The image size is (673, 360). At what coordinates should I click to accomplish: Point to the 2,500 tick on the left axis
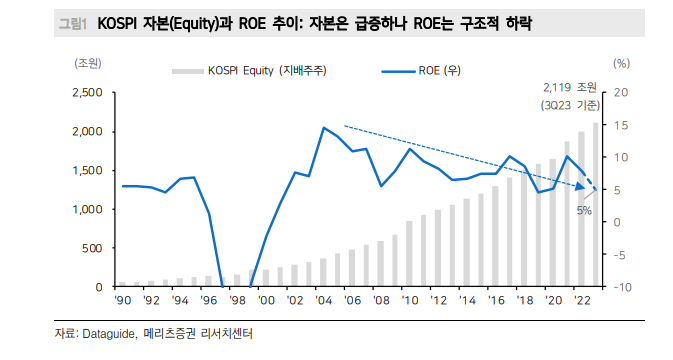pos(88,93)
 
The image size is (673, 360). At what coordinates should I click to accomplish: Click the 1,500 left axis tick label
pos(88,170)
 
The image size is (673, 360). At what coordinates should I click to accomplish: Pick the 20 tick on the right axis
pos(620,93)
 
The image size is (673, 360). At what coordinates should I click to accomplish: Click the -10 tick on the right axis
pos(620,287)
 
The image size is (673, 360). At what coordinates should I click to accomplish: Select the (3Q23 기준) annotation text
pos(566,104)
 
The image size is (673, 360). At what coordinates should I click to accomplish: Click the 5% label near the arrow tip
pos(584,211)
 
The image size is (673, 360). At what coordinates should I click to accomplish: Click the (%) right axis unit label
pos(620,63)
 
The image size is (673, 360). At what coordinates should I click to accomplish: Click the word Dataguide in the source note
pos(114,336)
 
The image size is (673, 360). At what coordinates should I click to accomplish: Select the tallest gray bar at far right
pos(596,205)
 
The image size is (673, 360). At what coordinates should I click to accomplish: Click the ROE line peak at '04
pos(324,128)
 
